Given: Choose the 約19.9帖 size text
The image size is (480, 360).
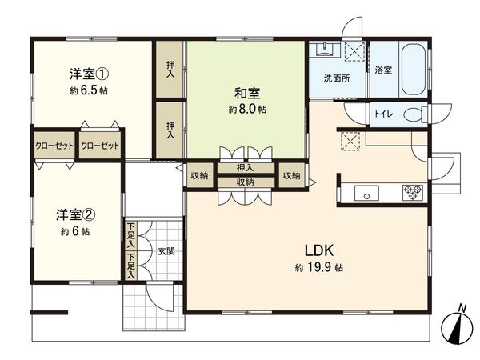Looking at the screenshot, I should tap(318, 266).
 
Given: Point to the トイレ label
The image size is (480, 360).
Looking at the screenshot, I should tap(383, 115).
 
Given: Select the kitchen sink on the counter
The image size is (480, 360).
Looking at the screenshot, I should tap(366, 193).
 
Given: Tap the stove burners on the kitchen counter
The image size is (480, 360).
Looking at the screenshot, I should tap(413, 192).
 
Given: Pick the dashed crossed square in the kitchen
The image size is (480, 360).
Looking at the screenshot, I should tap(350, 142).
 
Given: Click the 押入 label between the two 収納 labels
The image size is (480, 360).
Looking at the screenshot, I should tap(246, 167).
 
